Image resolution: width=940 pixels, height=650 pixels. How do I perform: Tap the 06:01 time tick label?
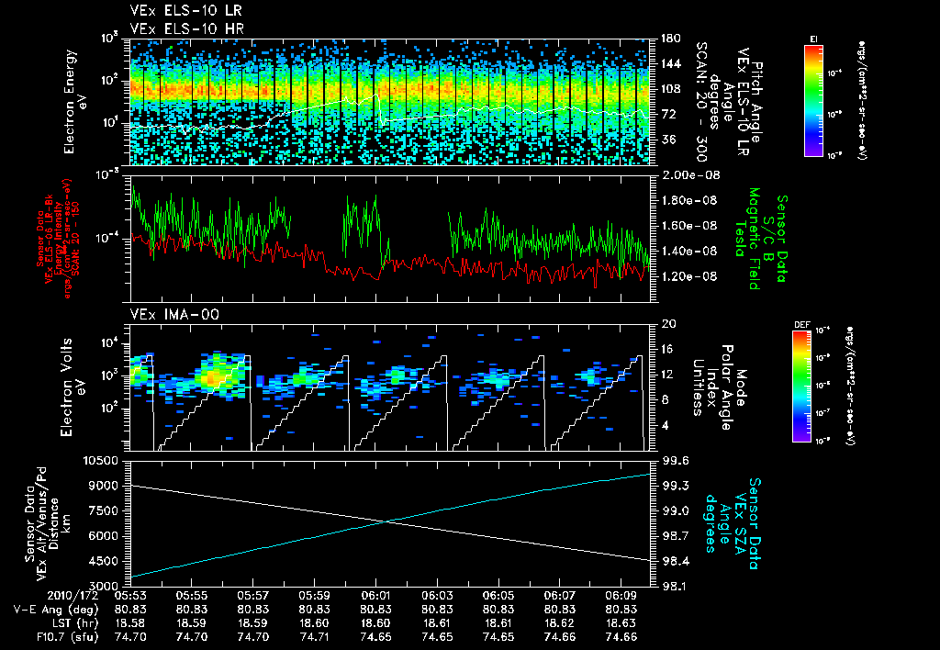tap(376, 596)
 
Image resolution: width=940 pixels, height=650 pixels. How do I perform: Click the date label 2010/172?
tap(35, 596)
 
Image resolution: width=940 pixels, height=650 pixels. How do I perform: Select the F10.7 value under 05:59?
tap(315, 636)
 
